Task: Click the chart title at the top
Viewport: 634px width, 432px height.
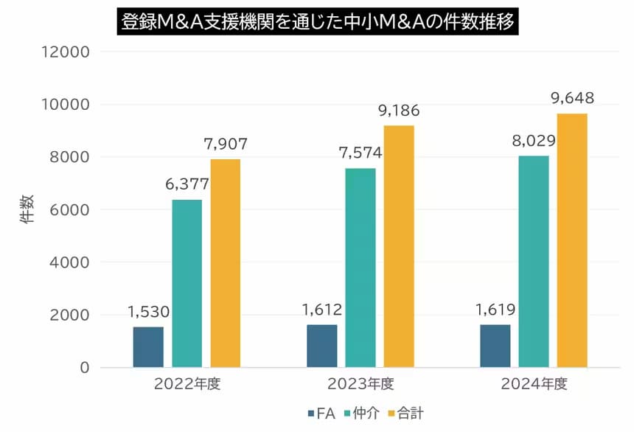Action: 318,21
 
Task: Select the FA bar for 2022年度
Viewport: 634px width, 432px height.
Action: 148,347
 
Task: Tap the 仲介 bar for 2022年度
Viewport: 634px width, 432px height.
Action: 187,284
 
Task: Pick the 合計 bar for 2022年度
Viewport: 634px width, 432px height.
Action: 225,263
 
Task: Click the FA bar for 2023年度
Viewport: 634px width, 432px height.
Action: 322,346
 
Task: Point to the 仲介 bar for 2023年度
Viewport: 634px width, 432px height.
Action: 360,268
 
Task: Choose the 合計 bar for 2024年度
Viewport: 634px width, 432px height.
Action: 572,240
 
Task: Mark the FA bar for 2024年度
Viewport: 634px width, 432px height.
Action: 495,346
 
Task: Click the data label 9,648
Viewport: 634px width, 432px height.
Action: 572,98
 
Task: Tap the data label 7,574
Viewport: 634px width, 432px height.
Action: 360,153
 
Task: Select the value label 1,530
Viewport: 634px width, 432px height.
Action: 148,312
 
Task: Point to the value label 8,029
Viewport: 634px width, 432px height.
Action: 534,141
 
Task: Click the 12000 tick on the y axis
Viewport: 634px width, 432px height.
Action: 66,52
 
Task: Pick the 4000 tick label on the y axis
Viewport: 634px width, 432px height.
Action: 69,262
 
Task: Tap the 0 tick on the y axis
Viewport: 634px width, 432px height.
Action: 85,368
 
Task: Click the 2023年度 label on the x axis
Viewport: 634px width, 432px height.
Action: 360,384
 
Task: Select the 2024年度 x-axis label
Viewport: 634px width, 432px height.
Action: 534,384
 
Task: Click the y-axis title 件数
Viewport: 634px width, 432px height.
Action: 27,209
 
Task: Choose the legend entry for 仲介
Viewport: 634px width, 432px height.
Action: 362,414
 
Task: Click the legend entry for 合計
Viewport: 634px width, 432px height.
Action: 406,414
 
